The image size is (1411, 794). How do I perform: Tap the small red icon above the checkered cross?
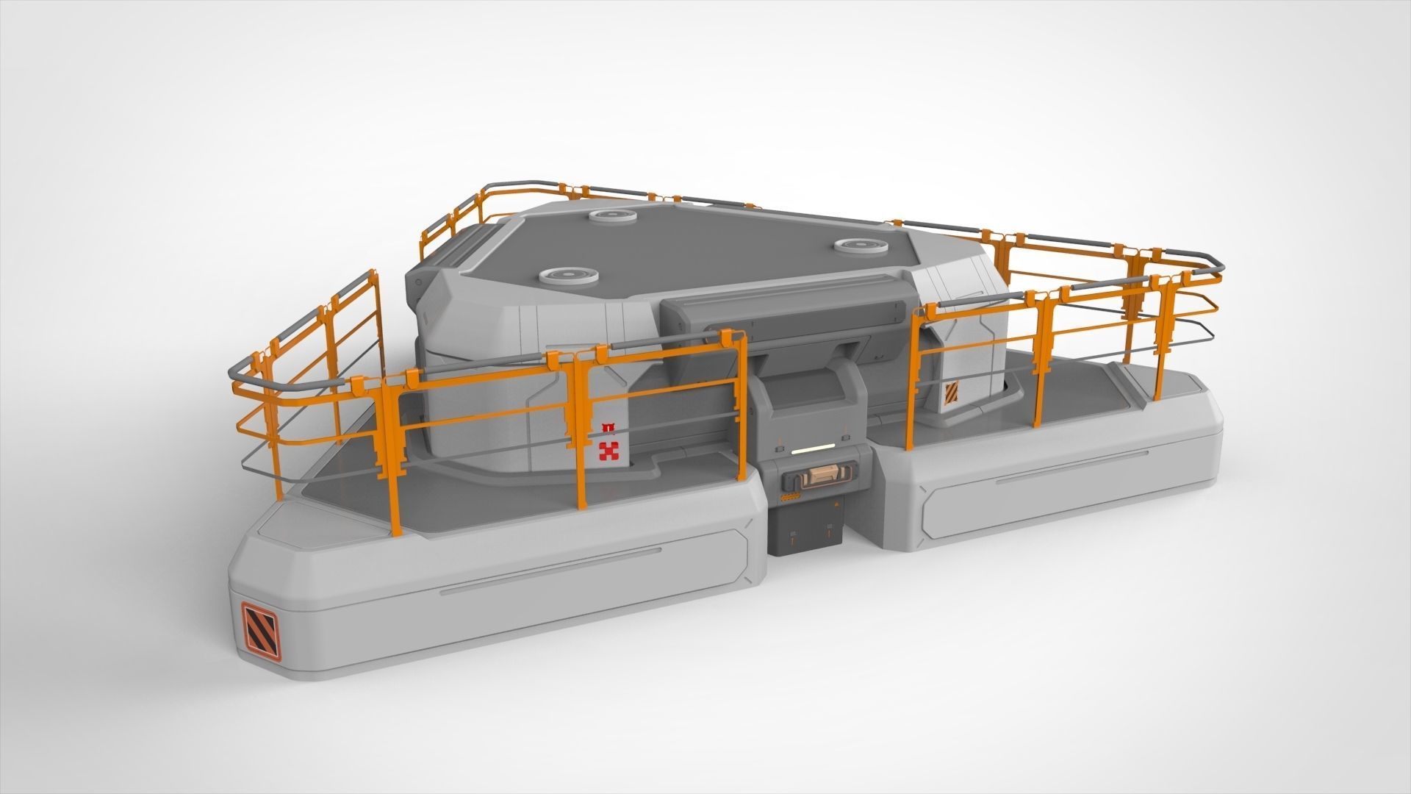[607, 426]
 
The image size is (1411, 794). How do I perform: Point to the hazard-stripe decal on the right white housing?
[952, 393]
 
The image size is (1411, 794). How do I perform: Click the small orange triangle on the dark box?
[836, 504]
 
